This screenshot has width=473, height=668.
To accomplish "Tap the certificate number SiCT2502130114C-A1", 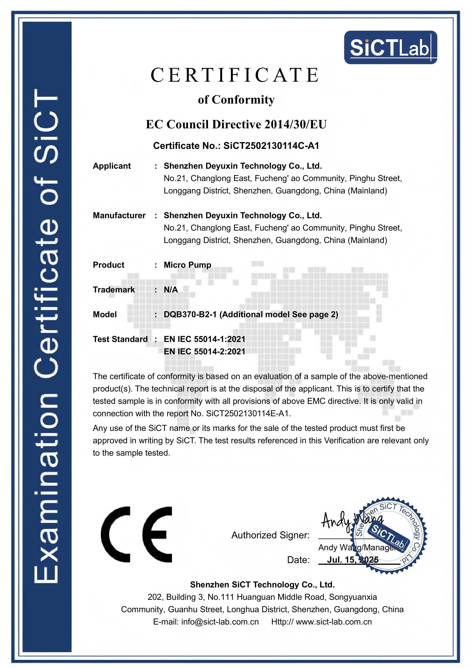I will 271,145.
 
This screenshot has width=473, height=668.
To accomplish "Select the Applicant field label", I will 112,166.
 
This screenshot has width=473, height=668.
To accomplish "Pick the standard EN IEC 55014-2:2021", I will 204,352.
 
